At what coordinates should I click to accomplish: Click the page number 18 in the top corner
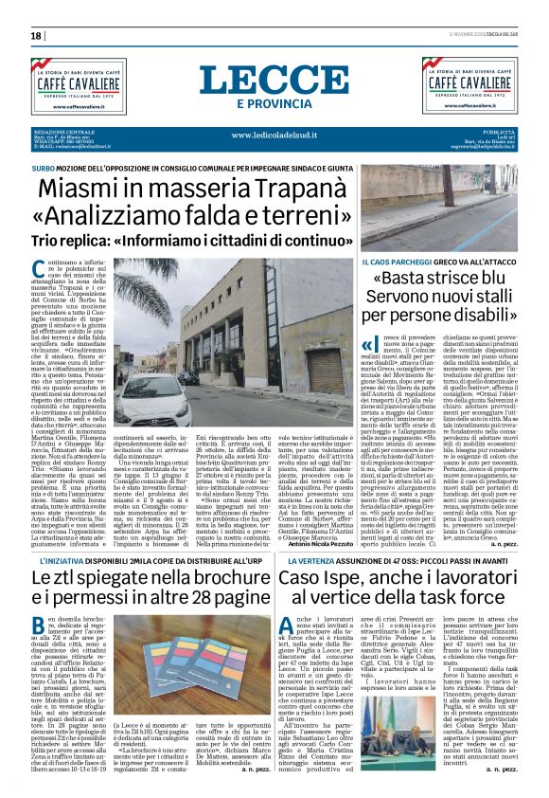pyautogui.click(x=37, y=36)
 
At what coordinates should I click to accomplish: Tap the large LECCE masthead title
pyautogui.click(x=274, y=81)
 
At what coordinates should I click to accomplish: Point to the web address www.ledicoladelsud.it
pyautogui.click(x=273, y=136)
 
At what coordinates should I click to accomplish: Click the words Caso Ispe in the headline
pyautogui.click(x=347, y=557)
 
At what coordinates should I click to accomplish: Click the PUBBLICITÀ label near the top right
pyautogui.click(x=498, y=131)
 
